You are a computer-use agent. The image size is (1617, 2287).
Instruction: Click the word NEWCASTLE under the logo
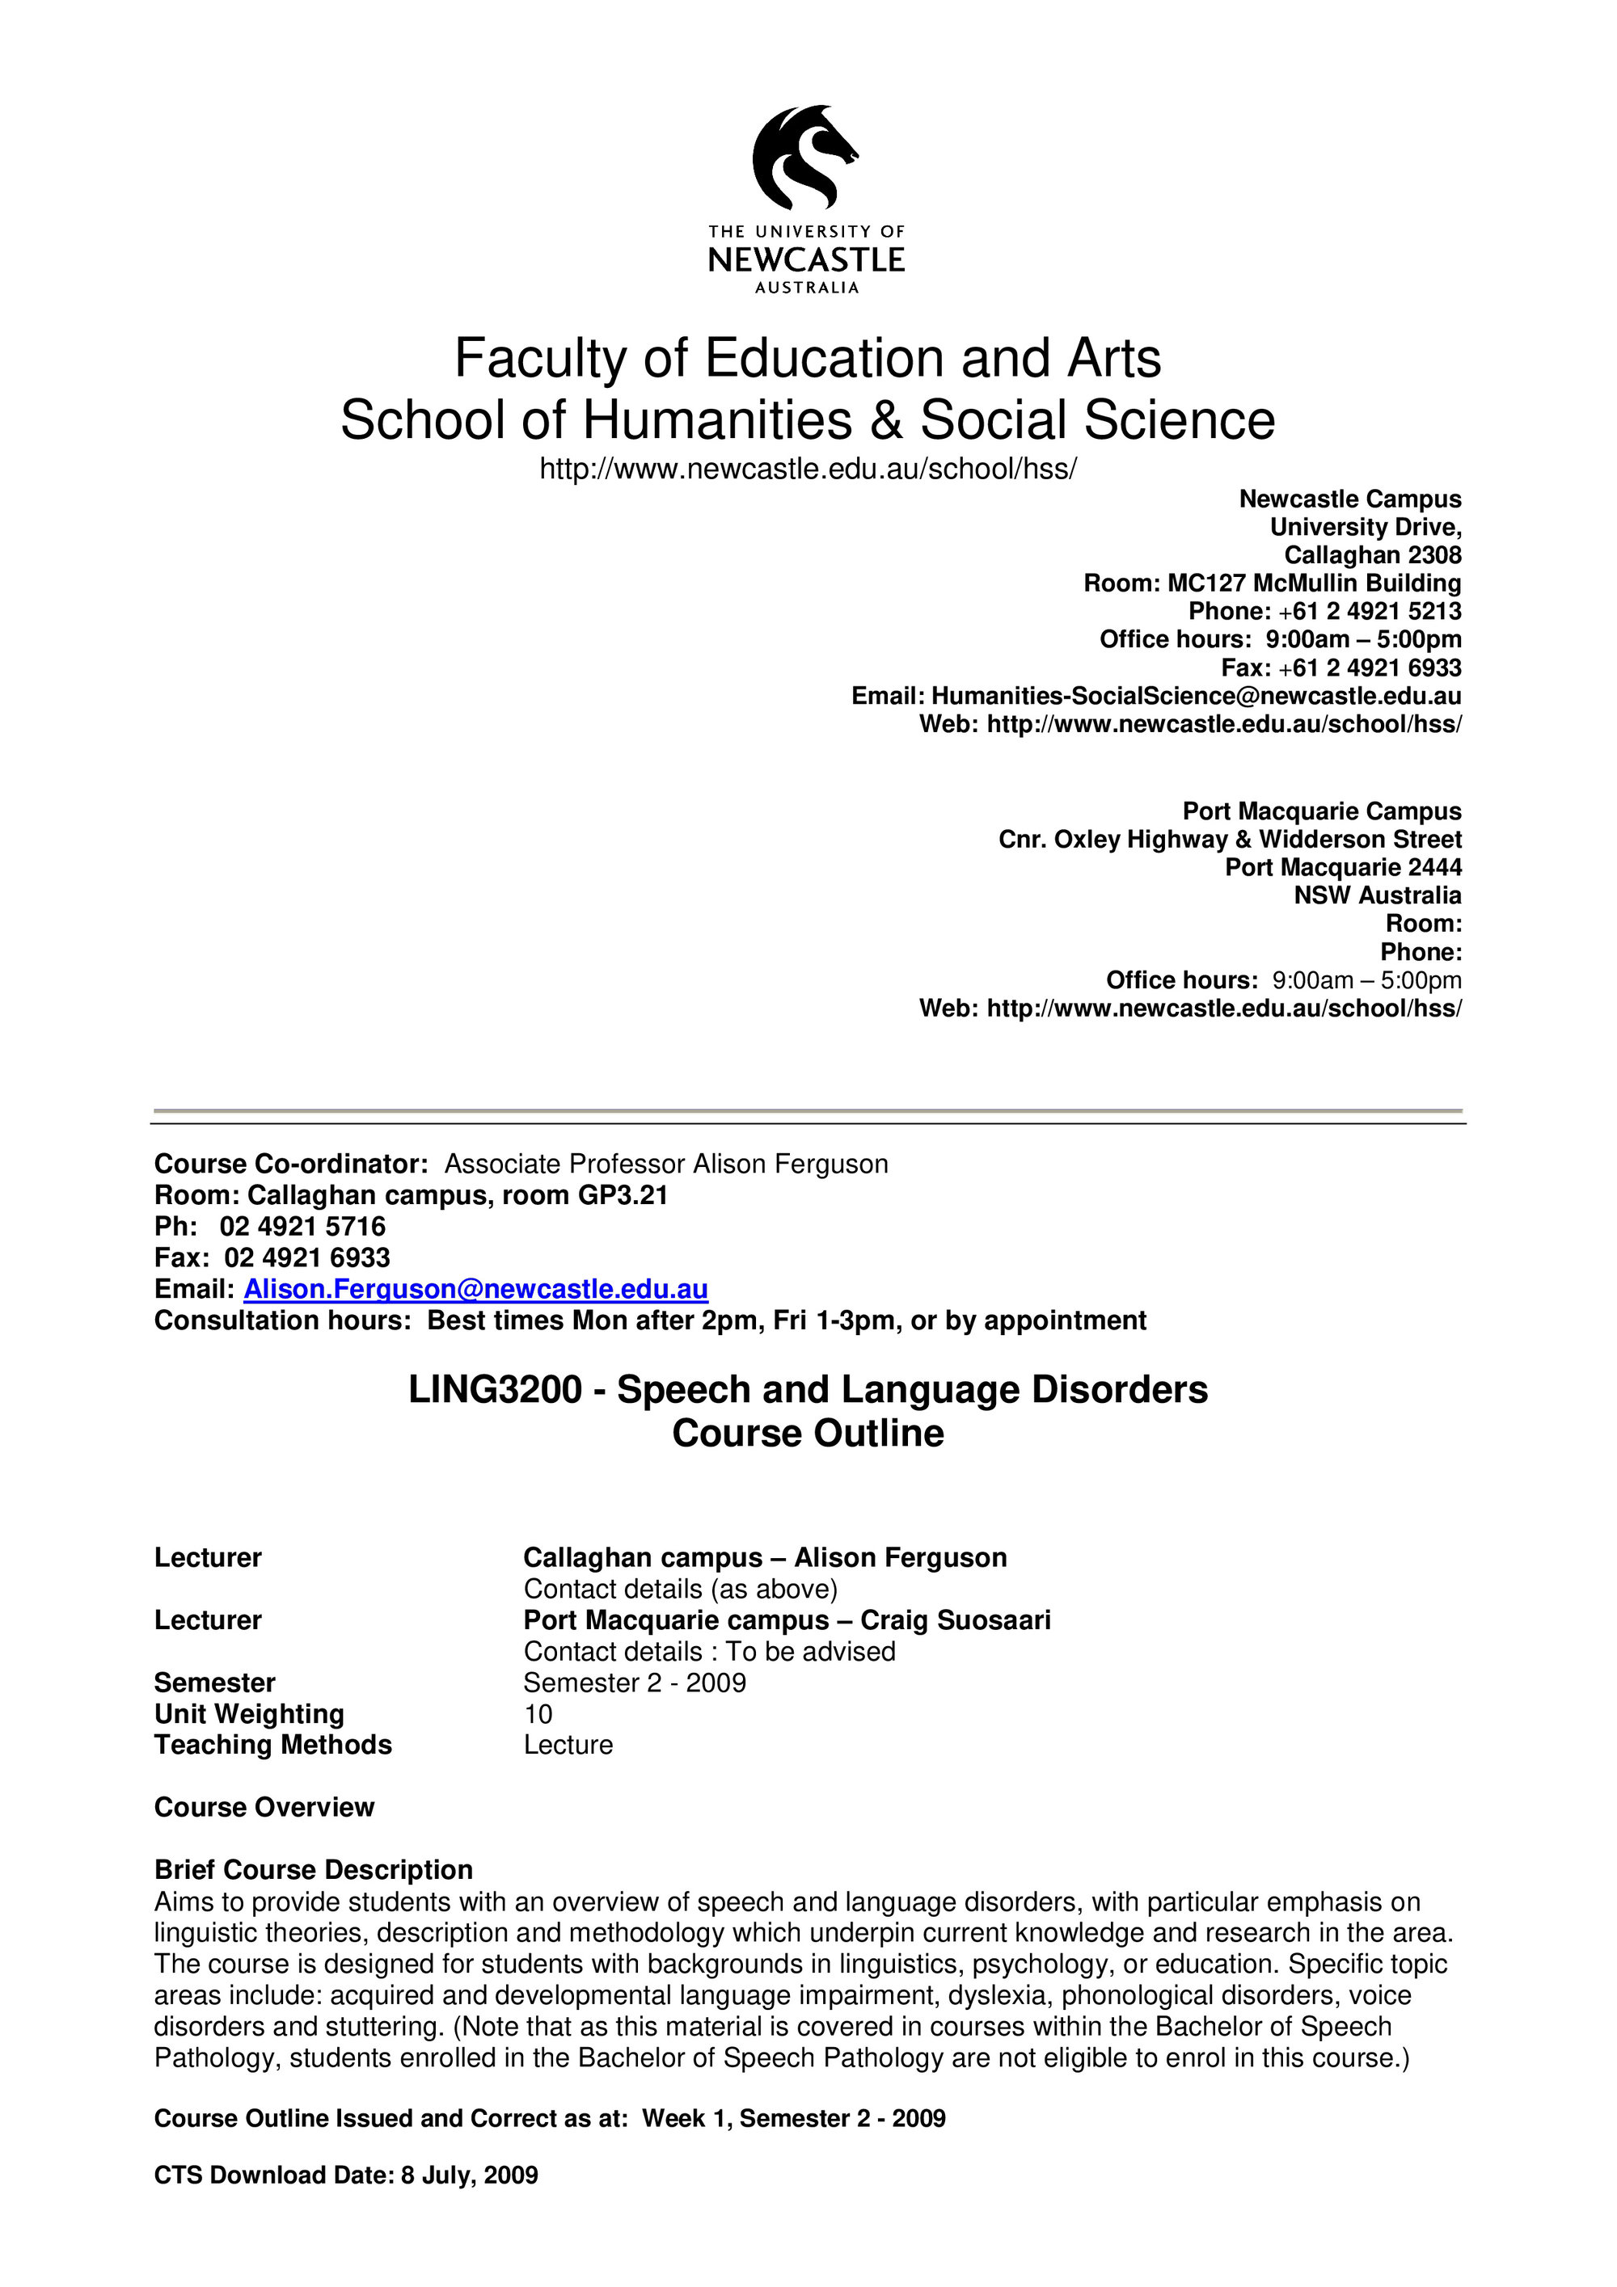pos(806,261)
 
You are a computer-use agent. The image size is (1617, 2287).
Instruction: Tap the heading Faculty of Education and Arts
pos(807,359)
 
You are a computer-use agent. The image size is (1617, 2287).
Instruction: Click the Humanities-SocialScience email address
pos(1196,697)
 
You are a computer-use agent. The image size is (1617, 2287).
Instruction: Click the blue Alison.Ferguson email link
pos(476,1290)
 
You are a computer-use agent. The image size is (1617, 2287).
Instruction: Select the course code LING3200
pos(495,1389)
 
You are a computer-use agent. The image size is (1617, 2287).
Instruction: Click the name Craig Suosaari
pos(956,1620)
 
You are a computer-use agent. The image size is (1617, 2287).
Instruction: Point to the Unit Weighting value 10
pos(538,1714)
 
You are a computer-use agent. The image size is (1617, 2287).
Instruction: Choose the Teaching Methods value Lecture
pos(568,1745)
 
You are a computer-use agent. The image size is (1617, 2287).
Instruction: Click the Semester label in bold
pos(214,1683)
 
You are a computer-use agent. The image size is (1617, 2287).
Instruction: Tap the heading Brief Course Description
pos(313,1870)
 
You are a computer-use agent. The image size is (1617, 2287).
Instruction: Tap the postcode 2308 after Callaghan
pos(1434,555)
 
